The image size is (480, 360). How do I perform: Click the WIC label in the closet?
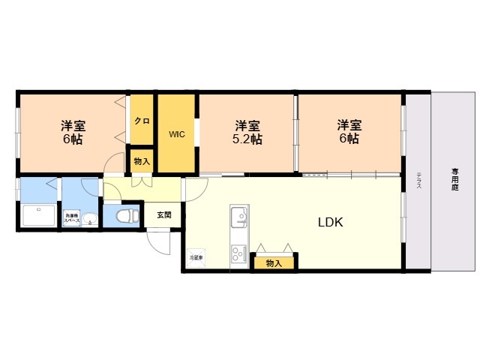coord(176,135)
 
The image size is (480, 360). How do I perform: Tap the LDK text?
coord(331,222)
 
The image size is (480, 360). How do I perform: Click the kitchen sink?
coord(239,216)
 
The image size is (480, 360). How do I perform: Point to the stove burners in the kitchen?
coord(238,253)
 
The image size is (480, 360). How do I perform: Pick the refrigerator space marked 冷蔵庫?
coord(196,257)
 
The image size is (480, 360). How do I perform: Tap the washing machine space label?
coord(71,218)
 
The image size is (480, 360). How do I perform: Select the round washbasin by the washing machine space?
coord(89,219)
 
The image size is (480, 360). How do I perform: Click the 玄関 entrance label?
coord(164,215)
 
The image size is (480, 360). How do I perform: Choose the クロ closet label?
coord(142,121)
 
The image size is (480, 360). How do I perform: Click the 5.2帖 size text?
coord(246,139)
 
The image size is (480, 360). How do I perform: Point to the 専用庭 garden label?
coord(454,179)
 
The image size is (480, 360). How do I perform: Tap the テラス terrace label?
coord(418,180)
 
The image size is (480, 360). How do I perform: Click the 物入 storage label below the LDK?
coord(274,262)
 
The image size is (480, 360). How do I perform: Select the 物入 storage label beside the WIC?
coord(142,161)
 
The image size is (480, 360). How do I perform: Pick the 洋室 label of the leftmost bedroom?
coord(72,125)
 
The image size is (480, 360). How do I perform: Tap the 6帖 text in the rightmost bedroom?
coord(348,139)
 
